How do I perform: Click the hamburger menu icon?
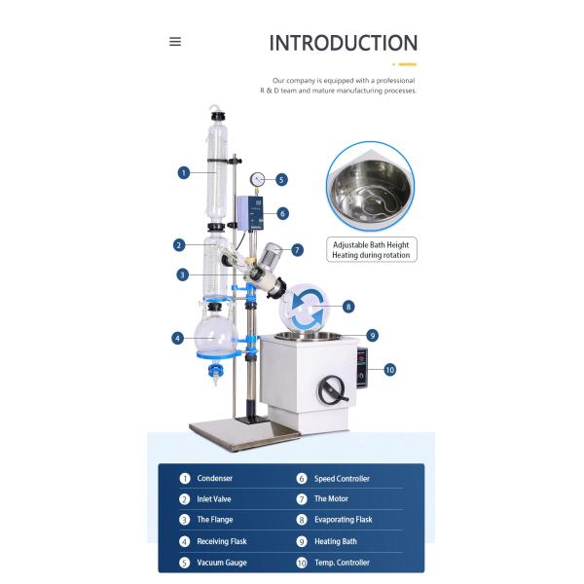click(x=175, y=41)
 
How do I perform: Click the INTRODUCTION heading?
click(x=343, y=43)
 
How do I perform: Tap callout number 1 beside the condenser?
click(x=184, y=173)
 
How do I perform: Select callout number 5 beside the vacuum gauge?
click(x=281, y=180)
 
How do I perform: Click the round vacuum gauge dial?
click(x=257, y=179)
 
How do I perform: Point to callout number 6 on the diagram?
click(x=282, y=214)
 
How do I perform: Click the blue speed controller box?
click(x=250, y=213)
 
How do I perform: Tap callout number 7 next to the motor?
click(x=297, y=250)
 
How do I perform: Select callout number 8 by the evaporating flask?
click(x=348, y=307)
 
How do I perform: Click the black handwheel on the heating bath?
click(x=331, y=390)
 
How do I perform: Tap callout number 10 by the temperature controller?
click(x=389, y=370)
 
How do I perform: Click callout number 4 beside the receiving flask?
click(x=178, y=338)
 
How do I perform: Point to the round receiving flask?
click(x=216, y=334)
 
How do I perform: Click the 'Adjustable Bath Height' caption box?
click(x=372, y=249)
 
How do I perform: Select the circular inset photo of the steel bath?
click(x=371, y=186)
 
